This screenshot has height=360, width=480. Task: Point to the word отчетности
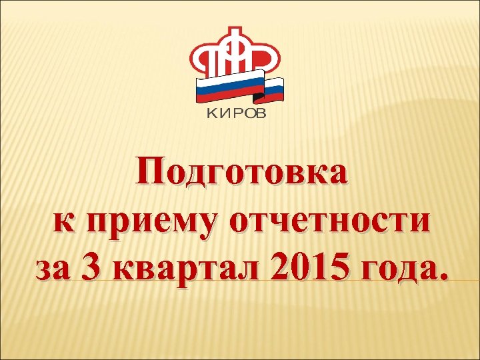[x=329, y=221]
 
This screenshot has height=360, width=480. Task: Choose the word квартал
[x=185, y=269]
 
